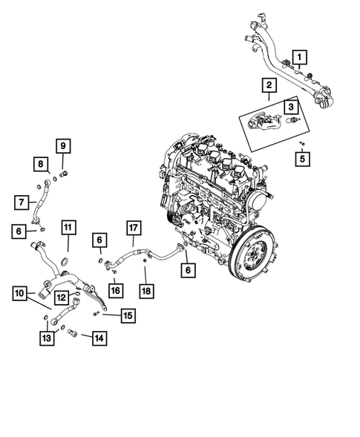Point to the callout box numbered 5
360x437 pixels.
[302, 157]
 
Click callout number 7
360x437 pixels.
[22, 200]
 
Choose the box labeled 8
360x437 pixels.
[41, 163]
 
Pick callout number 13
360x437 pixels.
[48, 339]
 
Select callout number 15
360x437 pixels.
[127, 316]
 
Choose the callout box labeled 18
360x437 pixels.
[146, 290]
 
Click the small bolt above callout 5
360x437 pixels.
[301, 141]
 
